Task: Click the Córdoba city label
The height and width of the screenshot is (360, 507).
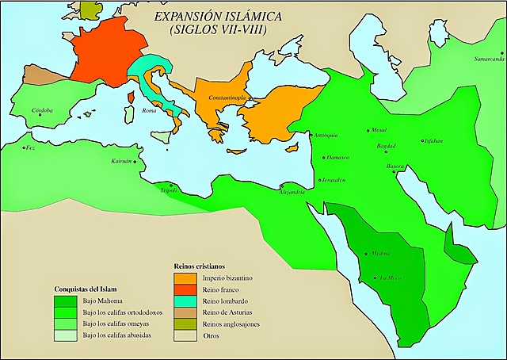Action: click(x=41, y=110)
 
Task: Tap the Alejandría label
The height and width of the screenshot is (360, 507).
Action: click(x=291, y=193)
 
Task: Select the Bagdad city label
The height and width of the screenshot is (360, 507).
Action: click(x=386, y=147)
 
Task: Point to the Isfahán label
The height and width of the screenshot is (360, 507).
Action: click(x=432, y=141)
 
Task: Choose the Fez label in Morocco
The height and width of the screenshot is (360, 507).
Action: click(x=30, y=147)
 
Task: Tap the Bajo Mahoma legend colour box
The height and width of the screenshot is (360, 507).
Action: click(x=66, y=301)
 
